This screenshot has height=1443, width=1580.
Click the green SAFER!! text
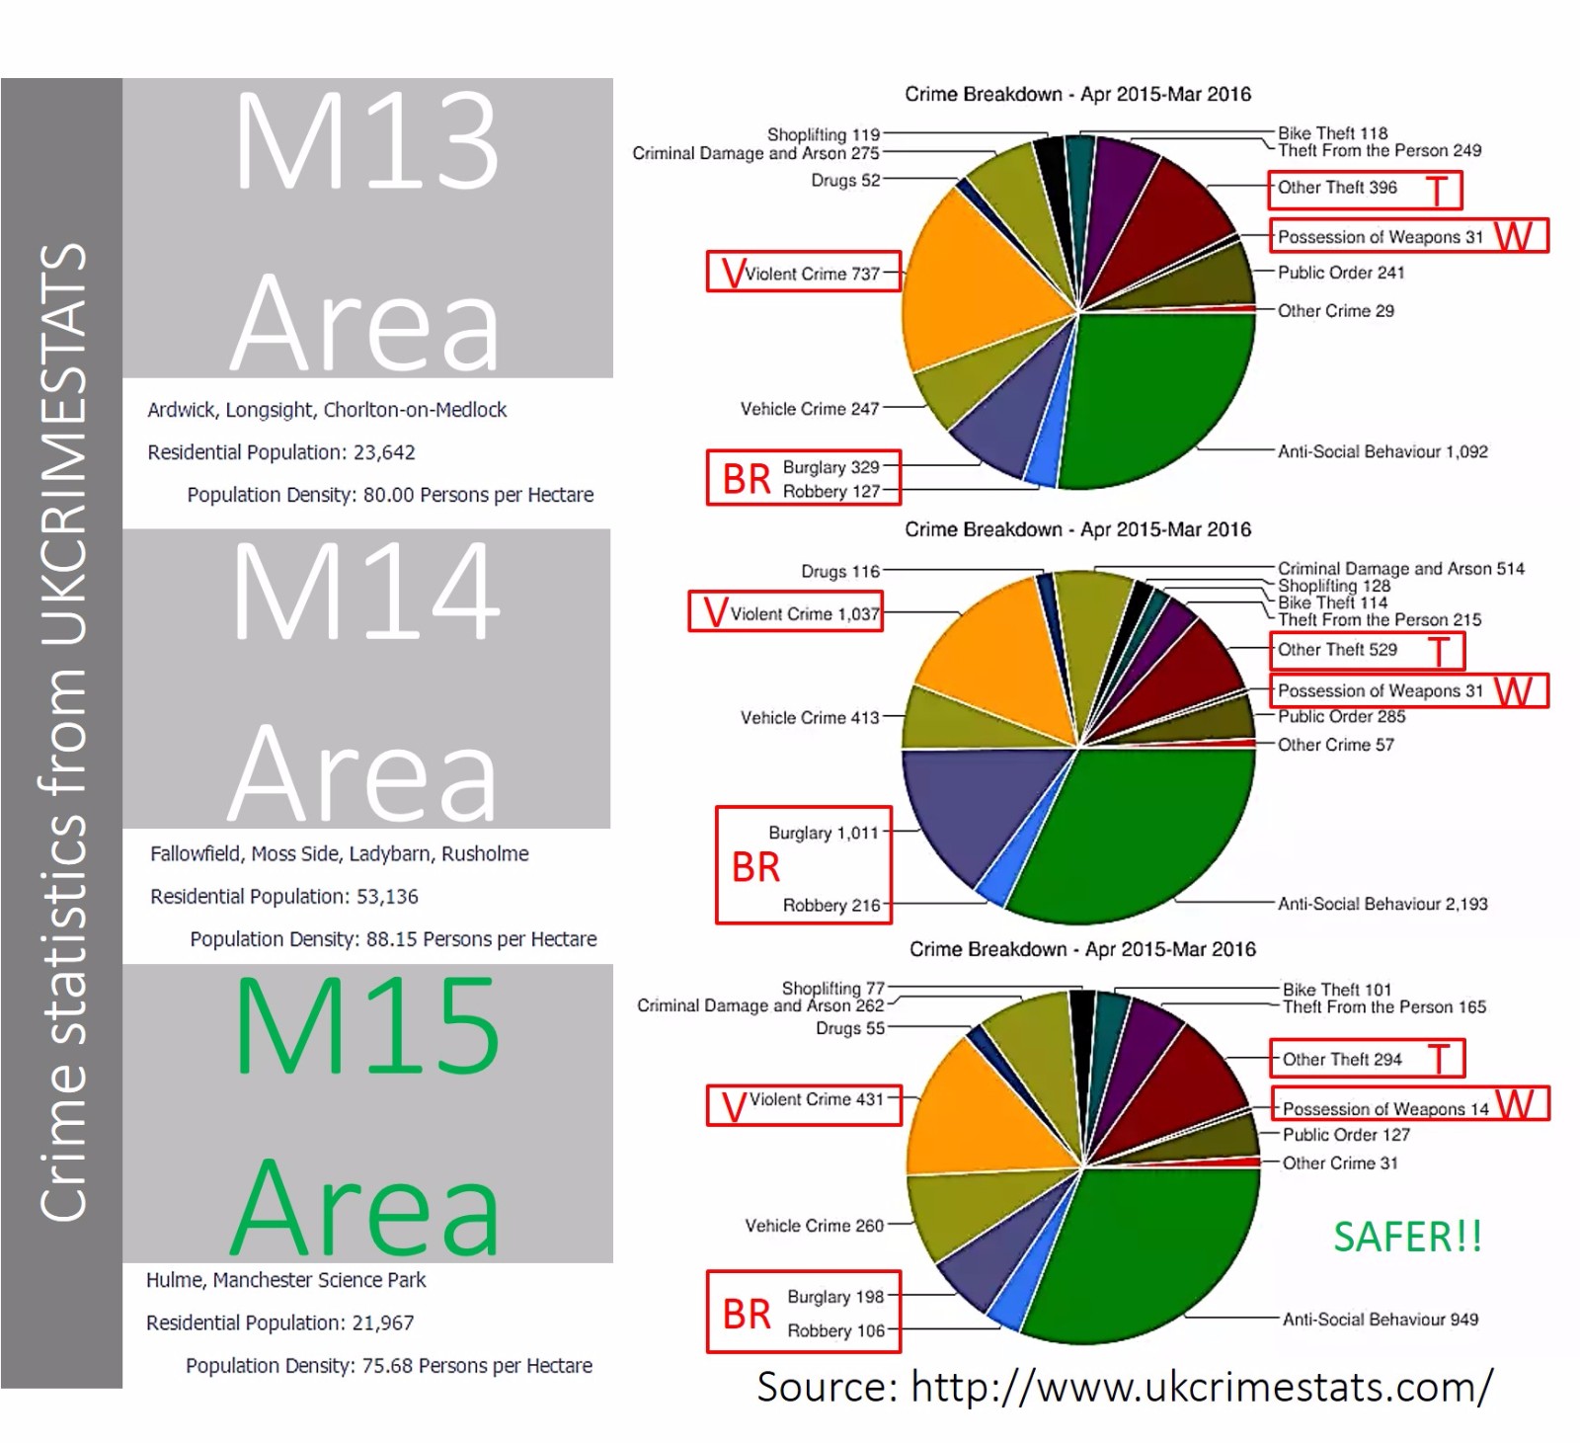(x=1407, y=1237)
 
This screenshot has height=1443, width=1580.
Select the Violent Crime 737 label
(x=812, y=274)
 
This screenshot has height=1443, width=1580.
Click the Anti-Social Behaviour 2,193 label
(x=1382, y=904)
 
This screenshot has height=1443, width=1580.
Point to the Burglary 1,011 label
(x=824, y=833)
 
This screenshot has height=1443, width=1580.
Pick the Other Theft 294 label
(x=1342, y=1060)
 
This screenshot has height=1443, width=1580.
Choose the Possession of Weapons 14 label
(x=1385, y=1109)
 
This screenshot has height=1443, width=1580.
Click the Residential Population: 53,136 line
(x=284, y=897)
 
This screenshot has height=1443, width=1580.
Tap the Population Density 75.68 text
(x=389, y=1366)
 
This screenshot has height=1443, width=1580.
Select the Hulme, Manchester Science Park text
(x=286, y=1280)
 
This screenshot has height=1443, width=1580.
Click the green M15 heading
(x=367, y=1026)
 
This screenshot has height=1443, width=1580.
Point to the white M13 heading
(x=366, y=141)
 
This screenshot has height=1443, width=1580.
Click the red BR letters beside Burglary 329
(x=746, y=479)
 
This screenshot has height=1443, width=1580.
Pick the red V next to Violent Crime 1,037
(x=715, y=612)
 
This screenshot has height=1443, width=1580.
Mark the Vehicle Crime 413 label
(x=810, y=718)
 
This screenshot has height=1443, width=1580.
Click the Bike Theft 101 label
(x=1337, y=990)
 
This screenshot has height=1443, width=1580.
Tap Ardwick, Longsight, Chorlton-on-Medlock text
(x=327, y=410)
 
